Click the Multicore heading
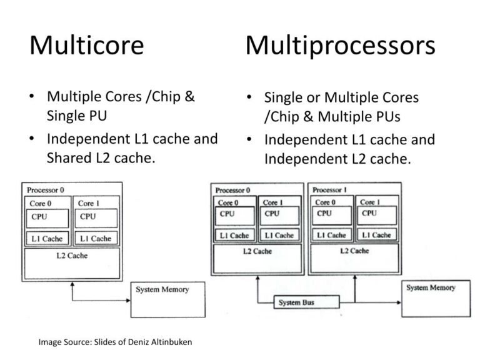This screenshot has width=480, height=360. tap(87, 45)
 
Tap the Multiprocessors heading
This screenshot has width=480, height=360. tap(340, 46)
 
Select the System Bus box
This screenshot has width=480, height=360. tap(306, 302)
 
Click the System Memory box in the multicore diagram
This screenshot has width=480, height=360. tap(167, 300)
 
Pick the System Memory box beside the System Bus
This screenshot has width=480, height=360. tap(436, 299)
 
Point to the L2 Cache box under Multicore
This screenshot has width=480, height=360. tap(72, 264)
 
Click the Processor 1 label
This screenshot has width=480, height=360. tap(330, 190)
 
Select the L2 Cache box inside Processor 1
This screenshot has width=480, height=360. tap(354, 258)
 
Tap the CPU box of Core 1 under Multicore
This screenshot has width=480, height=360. tap(96, 218)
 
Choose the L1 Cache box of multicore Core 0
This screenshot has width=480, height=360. tap(47, 239)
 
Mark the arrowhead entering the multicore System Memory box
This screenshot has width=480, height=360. tap(128, 300)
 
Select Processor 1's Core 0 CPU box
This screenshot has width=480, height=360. tap(331, 216)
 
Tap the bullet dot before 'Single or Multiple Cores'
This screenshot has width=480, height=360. tap(249, 97)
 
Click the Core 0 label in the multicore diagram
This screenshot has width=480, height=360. tap(41, 204)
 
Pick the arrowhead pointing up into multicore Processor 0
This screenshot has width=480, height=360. tap(72, 284)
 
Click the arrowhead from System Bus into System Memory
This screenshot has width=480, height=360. tap(399, 302)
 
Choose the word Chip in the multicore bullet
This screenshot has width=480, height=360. tap(166, 97)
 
